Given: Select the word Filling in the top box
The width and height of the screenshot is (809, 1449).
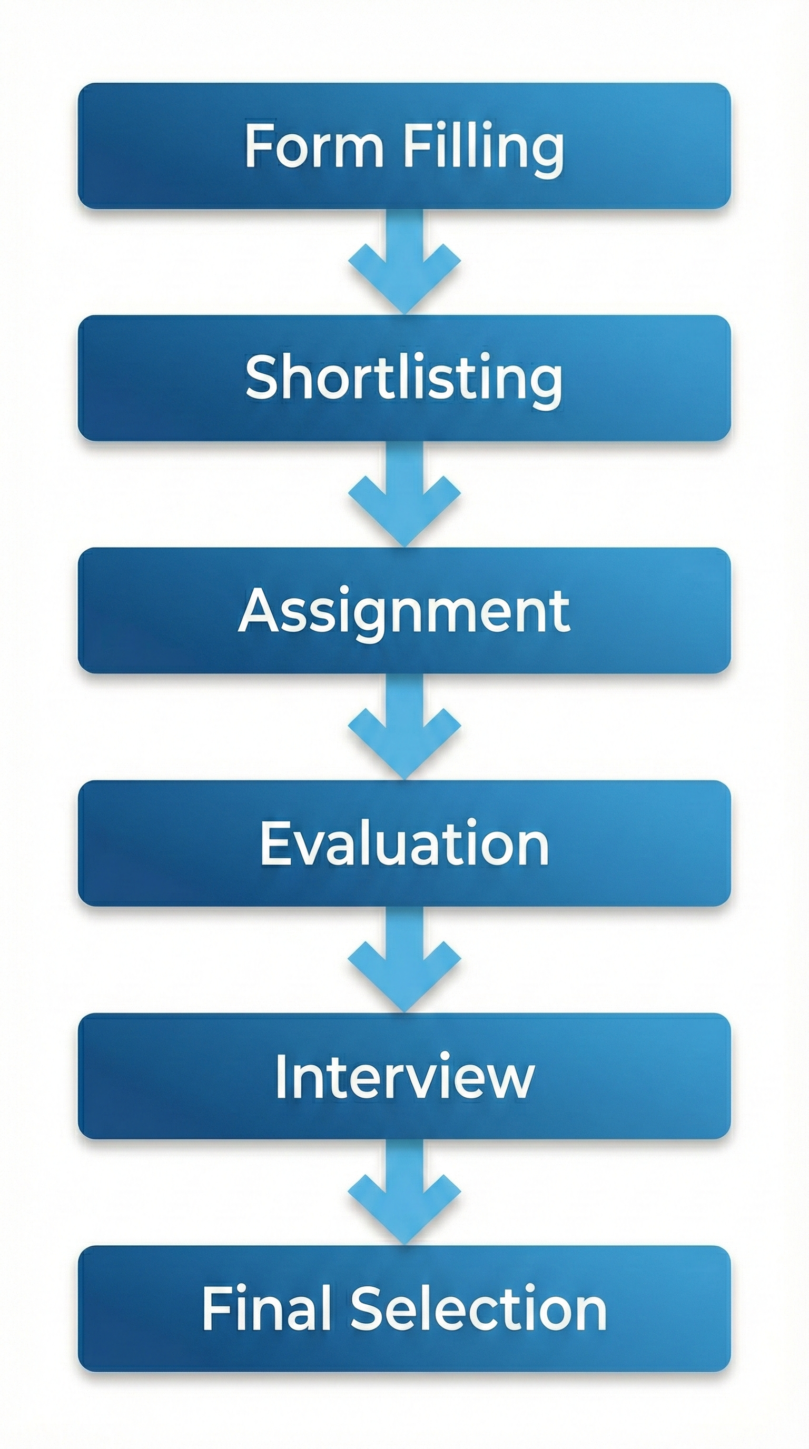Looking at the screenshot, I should [484, 147].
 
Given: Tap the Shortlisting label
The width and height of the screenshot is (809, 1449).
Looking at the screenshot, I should [404, 378].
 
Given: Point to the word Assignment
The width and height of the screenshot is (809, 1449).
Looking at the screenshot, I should [404, 612].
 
